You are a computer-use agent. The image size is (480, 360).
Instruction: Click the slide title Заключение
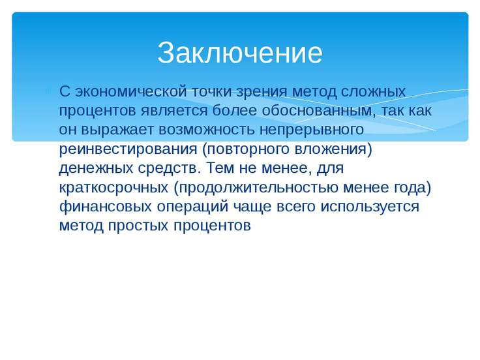(x=240, y=53)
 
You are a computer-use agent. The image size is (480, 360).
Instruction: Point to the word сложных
(x=373, y=92)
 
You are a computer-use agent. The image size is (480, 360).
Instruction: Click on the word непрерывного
(x=312, y=130)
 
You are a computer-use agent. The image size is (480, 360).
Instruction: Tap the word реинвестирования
(x=128, y=149)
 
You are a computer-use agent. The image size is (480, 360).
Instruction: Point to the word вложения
(x=331, y=149)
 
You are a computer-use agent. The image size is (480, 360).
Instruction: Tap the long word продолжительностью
(x=258, y=188)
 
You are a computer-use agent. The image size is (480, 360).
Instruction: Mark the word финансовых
(x=105, y=206)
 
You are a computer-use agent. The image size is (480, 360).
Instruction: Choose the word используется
(x=370, y=207)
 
